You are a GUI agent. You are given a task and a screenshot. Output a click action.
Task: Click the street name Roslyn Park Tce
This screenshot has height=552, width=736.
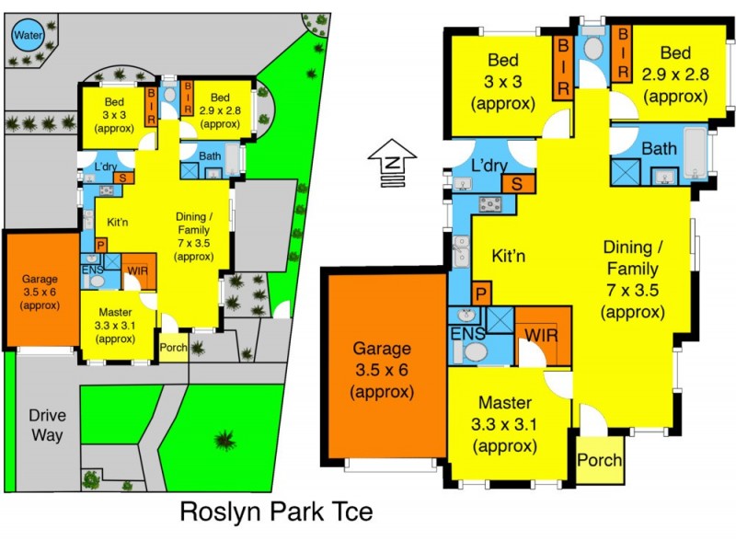point(276,512)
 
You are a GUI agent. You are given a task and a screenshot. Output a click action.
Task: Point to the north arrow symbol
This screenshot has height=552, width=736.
point(393,163)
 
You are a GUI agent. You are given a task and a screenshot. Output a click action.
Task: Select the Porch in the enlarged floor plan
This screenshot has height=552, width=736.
point(599,460)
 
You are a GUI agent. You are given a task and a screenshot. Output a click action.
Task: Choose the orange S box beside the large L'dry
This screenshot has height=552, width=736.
point(518,183)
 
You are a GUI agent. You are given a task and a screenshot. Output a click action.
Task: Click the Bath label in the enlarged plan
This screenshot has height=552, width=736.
point(660,148)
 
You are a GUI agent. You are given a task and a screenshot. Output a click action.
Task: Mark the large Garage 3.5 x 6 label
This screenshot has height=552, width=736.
point(382,369)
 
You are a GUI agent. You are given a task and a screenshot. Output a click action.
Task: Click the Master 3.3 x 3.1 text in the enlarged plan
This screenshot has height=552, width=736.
point(505,424)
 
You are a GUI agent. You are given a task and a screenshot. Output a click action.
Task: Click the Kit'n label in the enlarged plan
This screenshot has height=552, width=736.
point(508,256)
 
